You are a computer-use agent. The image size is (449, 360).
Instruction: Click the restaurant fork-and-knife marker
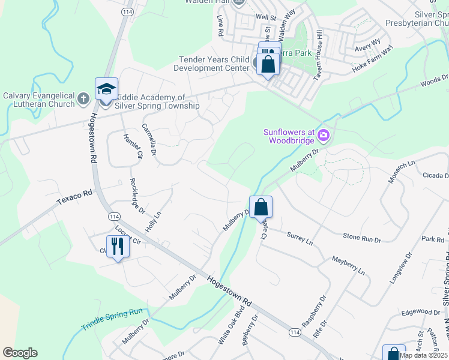point(118,247)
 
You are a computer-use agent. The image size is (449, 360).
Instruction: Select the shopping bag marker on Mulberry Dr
point(261,208)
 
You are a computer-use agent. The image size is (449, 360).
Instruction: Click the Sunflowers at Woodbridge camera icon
point(324,136)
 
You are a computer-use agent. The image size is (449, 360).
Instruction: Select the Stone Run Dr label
point(362,238)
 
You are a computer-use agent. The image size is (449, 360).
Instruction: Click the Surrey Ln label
point(300,238)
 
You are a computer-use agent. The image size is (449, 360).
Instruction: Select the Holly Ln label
point(154,222)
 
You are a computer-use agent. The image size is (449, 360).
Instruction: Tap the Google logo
point(20,353)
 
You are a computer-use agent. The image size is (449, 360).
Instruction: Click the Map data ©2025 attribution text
point(423,355)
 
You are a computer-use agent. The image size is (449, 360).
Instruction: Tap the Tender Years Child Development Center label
point(214,64)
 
